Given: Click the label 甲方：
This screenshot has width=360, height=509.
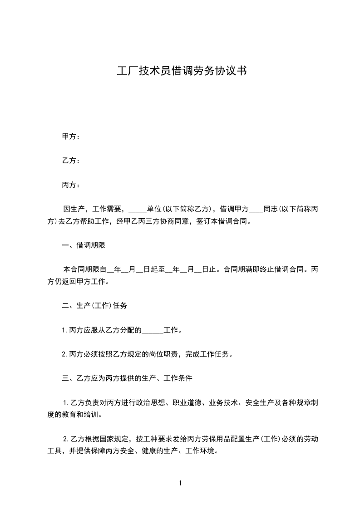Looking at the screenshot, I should (71, 136).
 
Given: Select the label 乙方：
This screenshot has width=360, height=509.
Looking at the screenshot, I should (71, 161).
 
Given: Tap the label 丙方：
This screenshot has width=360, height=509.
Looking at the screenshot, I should (71, 185).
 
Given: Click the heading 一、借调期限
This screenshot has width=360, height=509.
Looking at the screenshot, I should (84, 246).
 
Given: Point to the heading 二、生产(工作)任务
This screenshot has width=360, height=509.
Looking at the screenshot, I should (94, 306).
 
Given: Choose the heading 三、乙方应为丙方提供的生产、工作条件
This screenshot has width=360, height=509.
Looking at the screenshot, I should (127, 377).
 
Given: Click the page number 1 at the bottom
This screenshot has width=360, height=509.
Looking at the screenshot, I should (180, 483).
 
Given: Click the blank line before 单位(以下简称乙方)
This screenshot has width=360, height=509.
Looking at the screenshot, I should (138, 210).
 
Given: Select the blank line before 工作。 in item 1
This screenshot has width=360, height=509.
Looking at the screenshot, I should (153, 330).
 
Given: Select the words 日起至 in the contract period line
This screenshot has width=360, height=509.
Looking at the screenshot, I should (154, 270).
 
